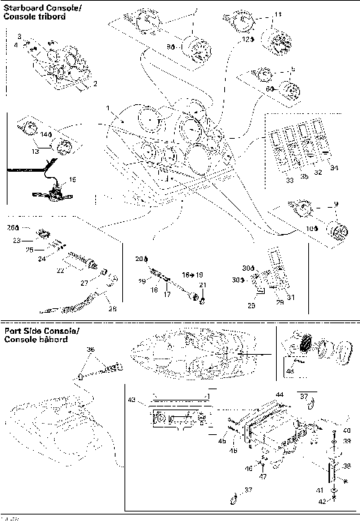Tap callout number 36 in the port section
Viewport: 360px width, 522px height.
tap(91, 350)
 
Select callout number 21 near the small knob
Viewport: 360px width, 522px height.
tap(201, 286)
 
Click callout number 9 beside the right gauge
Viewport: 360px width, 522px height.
tap(337, 205)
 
